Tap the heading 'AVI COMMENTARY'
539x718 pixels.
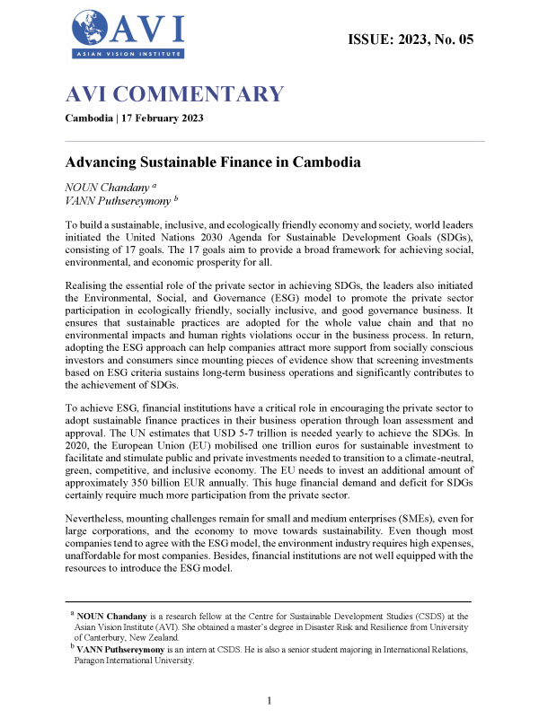pyautogui.click(x=174, y=94)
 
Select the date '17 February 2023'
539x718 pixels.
pyautogui.click(x=163, y=118)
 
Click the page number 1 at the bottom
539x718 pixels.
pyautogui.click(x=269, y=700)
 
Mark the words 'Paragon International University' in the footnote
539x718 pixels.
pyautogui.click(x=140, y=660)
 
